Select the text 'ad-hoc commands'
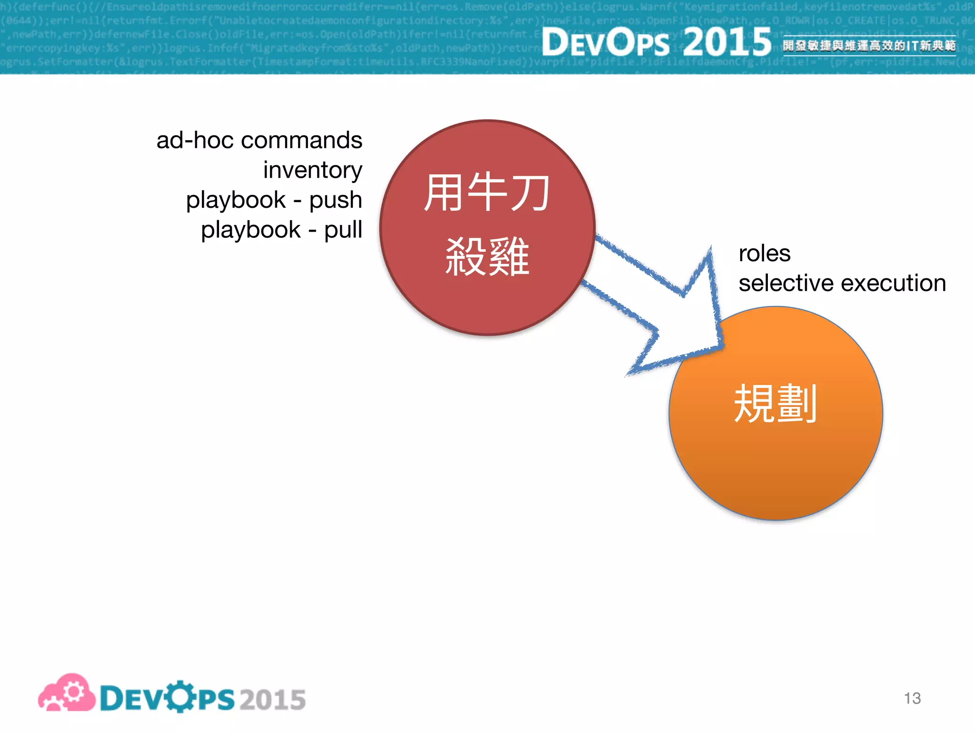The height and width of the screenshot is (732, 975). pos(259,141)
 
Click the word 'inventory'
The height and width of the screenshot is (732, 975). pos(313,170)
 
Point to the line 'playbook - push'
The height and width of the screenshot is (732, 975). pos(274,200)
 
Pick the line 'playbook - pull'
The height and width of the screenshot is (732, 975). pos(281,230)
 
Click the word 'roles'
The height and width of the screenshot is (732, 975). pos(765,253)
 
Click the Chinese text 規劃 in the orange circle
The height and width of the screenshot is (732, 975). pos(776,404)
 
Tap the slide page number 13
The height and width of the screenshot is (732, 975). pos(912,698)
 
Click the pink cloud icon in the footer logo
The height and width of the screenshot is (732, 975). pos(67,693)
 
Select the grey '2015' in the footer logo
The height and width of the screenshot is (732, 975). pos(273,700)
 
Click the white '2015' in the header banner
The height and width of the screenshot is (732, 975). pos(727,42)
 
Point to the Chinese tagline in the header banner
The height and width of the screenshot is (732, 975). pos(869,46)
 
